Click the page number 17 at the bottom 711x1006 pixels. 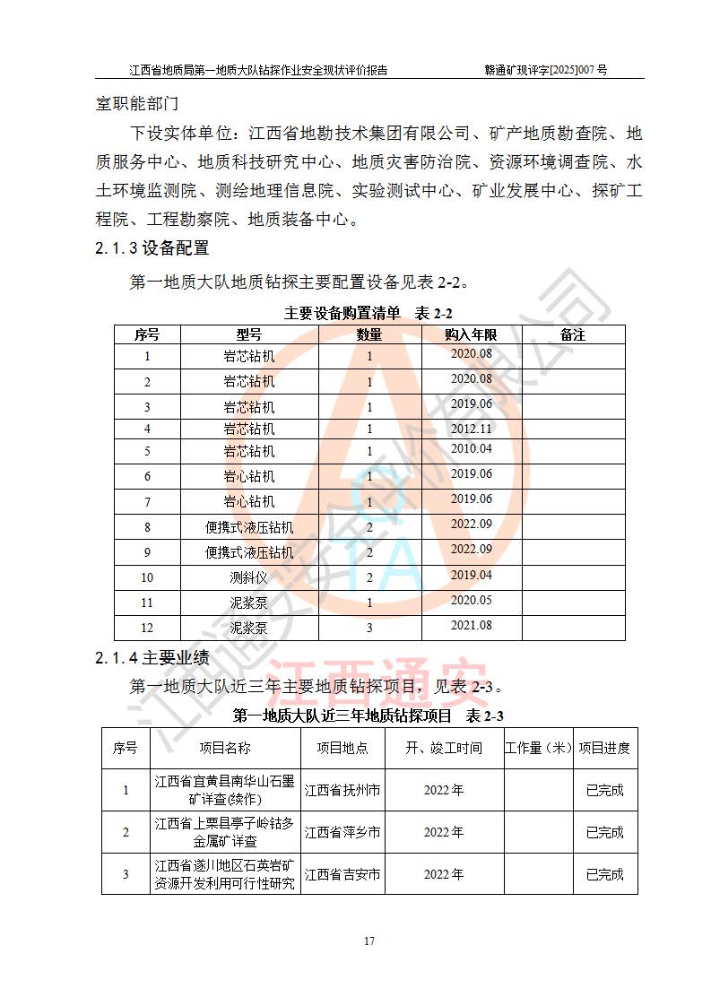(x=369, y=941)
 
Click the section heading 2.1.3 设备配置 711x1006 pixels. (x=152, y=248)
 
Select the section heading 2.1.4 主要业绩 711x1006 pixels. (x=152, y=659)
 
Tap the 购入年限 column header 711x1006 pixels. (x=471, y=334)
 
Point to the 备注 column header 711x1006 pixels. (x=573, y=334)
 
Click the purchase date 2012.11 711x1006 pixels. (x=471, y=429)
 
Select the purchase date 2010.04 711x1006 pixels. (x=471, y=449)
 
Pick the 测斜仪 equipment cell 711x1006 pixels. (x=249, y=577)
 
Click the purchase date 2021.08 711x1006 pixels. (x=471, y=626)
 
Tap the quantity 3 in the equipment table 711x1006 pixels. (x=369, y=629)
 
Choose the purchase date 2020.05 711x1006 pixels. (x=471, y=601)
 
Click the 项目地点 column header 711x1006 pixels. (x=342, y=748)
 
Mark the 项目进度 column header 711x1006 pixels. (x=604, y=748)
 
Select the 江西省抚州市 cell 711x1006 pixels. (x=342, y=791)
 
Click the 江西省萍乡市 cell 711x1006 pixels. (x=342, y=832)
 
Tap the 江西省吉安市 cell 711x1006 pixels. (x=342, y=874)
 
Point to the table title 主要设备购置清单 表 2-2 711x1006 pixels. (x=369, y=313)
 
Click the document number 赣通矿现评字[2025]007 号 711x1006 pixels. (x=545, y=69)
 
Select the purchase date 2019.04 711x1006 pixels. (x=471, y=575)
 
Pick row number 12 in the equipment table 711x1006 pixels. (x=148, y=629)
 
